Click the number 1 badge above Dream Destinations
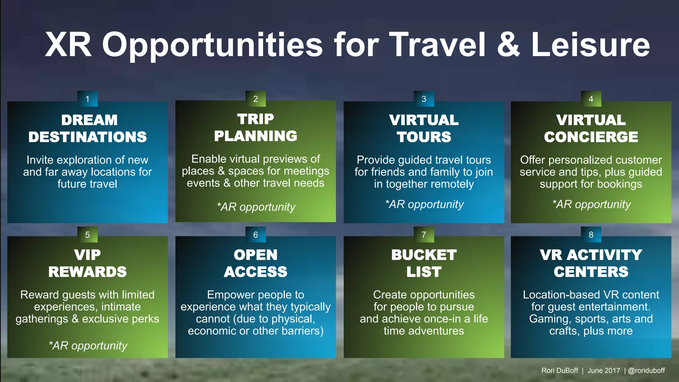[88, 99]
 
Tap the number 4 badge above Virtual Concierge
[591, 99]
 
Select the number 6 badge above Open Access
[256, 235]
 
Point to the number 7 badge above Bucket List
[424, 235]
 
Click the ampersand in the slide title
[509, 45]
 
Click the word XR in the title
[68, 45]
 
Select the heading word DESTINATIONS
[88, 137]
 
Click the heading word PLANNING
[256, 136]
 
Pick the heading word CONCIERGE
[591, 137]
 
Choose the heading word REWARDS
[88, 272]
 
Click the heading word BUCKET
[424, 255]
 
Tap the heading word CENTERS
[591, 272]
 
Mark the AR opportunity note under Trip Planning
[256, 207]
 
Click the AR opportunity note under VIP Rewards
[88, 346]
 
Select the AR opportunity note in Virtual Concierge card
[591, 204]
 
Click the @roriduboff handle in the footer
[646, 371]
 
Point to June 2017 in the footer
[604, 371]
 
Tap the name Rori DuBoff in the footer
[560, 371]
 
